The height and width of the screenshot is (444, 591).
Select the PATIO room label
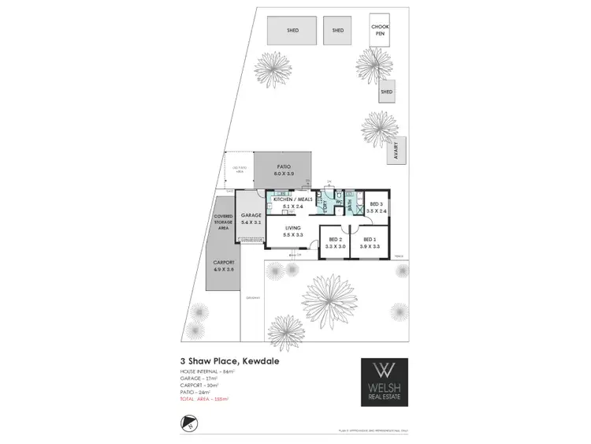click(x=284, y=166)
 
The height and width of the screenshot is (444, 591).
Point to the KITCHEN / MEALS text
click(x=292, y=200)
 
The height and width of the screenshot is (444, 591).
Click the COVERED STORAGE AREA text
click(x=221, y=222)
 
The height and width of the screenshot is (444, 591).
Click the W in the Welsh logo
click(x=385, y=370)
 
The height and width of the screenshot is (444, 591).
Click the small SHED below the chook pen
click(x=386, y=92)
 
